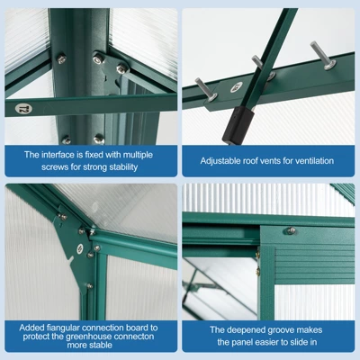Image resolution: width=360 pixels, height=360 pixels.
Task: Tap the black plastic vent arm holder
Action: (x=238, y=124)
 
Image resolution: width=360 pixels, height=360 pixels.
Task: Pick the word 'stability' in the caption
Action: (x=123, y=166)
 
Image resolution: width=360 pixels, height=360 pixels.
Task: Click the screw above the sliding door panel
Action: (x=291, y=230)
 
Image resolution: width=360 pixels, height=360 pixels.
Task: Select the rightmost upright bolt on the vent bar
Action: (x=323, y=55)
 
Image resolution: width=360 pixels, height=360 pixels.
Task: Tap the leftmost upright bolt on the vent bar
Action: (x=206, y=89)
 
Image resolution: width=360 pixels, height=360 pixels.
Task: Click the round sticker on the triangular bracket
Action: (x=80, y=248)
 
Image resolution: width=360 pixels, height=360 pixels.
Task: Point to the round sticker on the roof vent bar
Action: (x=237, y=87)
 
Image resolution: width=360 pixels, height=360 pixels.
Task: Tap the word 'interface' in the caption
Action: (x=58, y=155)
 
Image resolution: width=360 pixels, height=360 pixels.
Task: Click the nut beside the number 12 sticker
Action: (x=61, y=58)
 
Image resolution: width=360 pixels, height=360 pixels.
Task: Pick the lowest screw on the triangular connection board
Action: (x=90, y=286)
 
